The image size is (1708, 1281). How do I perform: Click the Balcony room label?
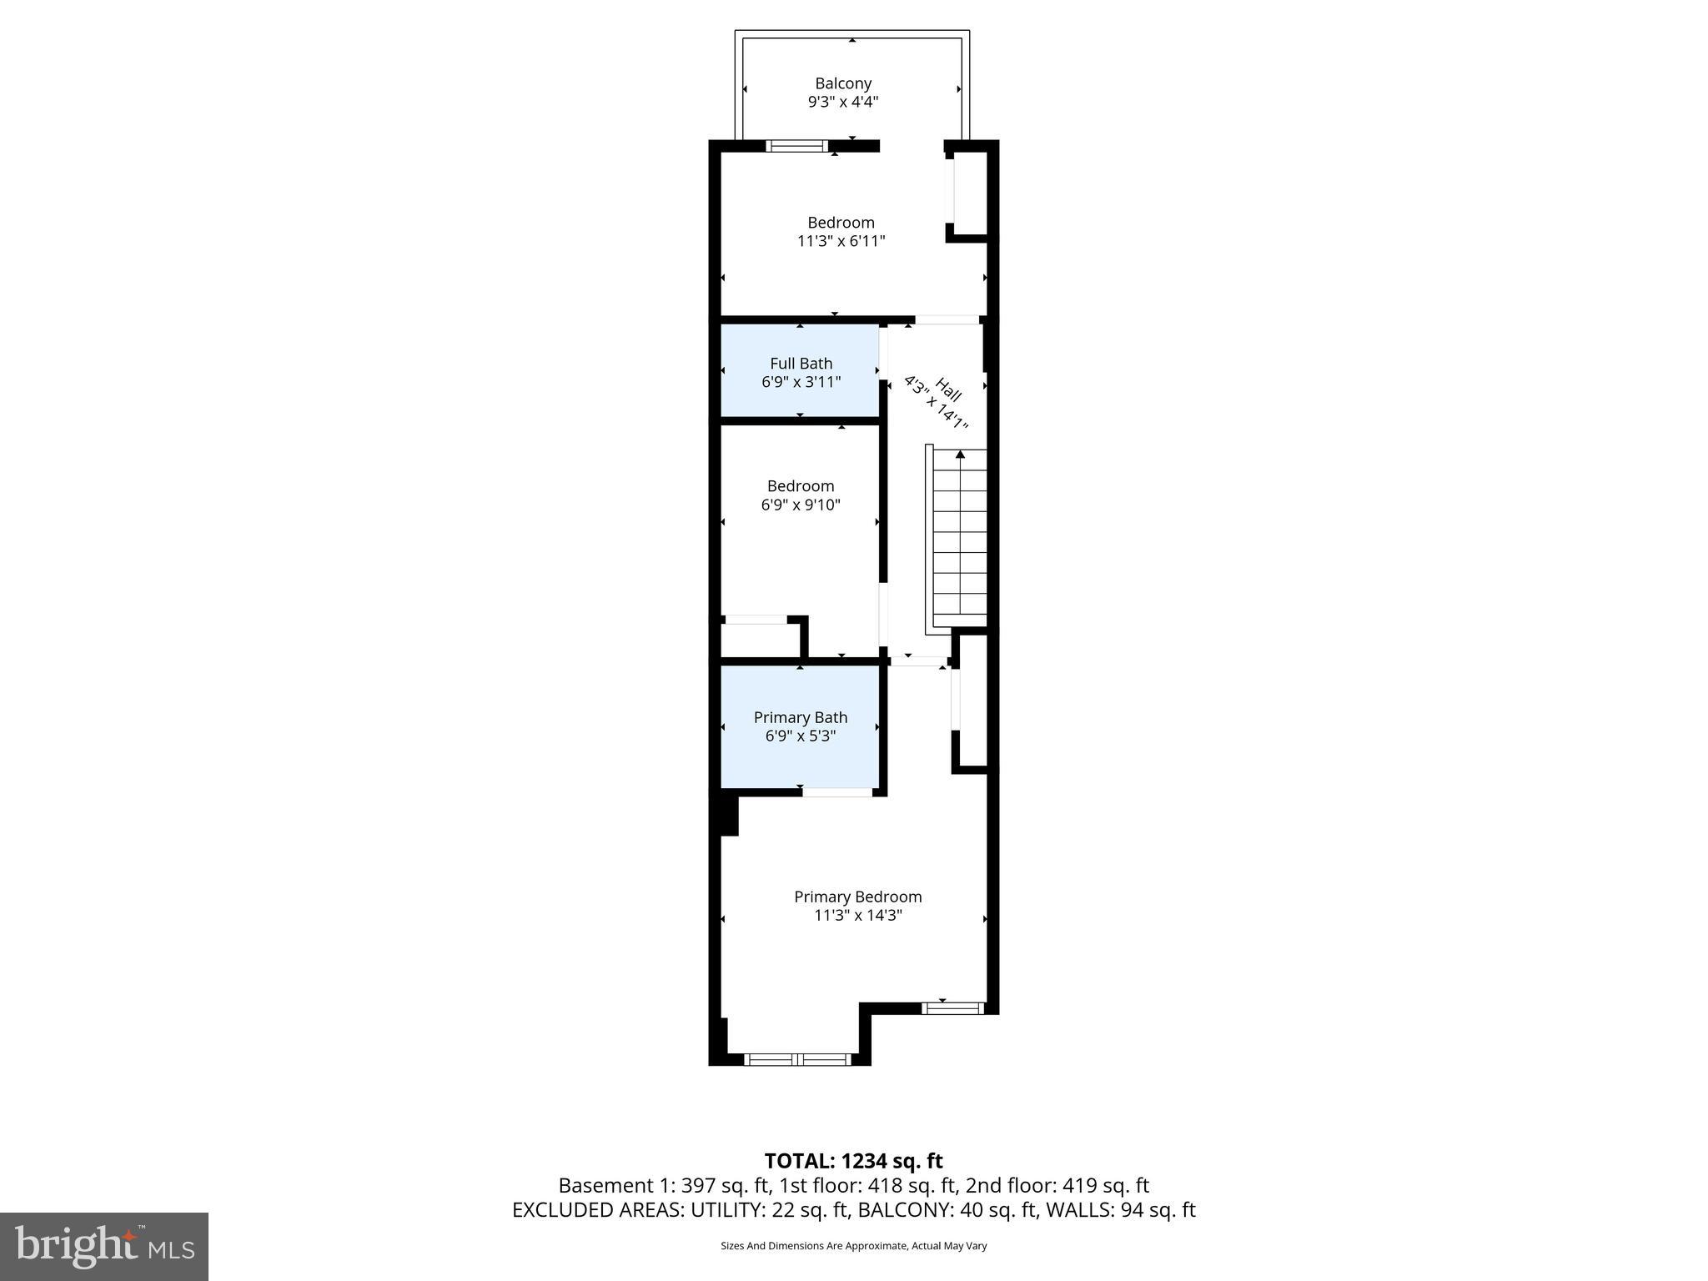(x=843, y=83)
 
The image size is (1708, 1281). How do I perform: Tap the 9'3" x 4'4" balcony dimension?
(x=843, y=103)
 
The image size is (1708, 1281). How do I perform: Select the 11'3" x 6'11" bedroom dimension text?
(x=841, y=242)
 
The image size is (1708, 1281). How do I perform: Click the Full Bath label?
(x=801, y=364)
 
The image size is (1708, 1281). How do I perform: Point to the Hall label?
(x=948, y=389)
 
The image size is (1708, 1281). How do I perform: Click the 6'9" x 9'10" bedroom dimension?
(x=801, y=505)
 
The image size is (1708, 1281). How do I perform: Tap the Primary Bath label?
(x=801, y=717)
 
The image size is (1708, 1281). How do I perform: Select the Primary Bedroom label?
(x=857, y=897)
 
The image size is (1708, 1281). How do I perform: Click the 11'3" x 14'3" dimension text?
(x=857, y=916)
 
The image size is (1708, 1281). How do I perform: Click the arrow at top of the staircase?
(x=960, y=455)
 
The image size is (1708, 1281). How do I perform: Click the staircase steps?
(x=960, y=542)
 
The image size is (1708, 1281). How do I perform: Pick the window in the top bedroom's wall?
(x=796, y=146)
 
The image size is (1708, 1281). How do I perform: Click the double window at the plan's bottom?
(x=797, y=1059)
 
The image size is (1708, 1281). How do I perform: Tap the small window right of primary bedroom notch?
(x=952, y=1008)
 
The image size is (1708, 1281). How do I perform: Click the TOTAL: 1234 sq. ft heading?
(x=853, y=1161)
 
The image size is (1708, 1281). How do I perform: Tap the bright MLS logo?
(x=103, y=1246)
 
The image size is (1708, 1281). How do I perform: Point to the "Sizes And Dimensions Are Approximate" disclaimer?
(x=853, y=1246)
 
